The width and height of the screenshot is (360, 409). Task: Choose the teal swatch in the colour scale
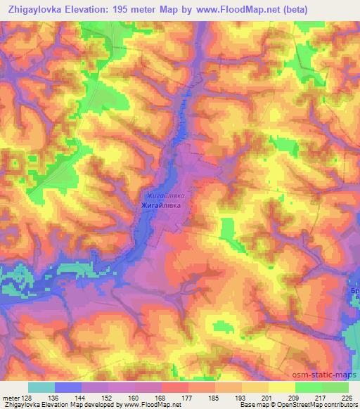point(41,387)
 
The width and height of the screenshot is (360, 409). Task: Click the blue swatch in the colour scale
point(68,387)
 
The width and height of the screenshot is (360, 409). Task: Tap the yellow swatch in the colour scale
point(282,387)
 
